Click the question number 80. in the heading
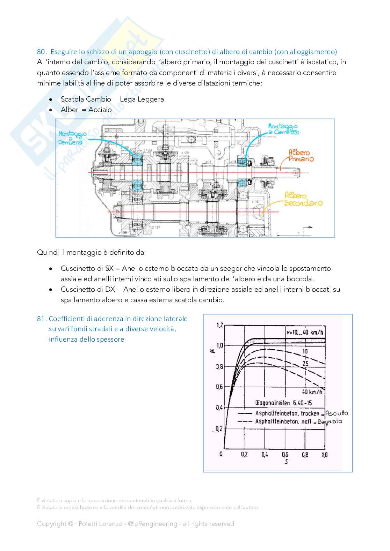41,52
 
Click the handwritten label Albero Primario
301,156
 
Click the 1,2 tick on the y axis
219,326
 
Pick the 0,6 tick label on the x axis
285,455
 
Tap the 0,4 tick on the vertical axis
219,408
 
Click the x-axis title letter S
286,462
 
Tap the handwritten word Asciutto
337,414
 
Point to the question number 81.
42,319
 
